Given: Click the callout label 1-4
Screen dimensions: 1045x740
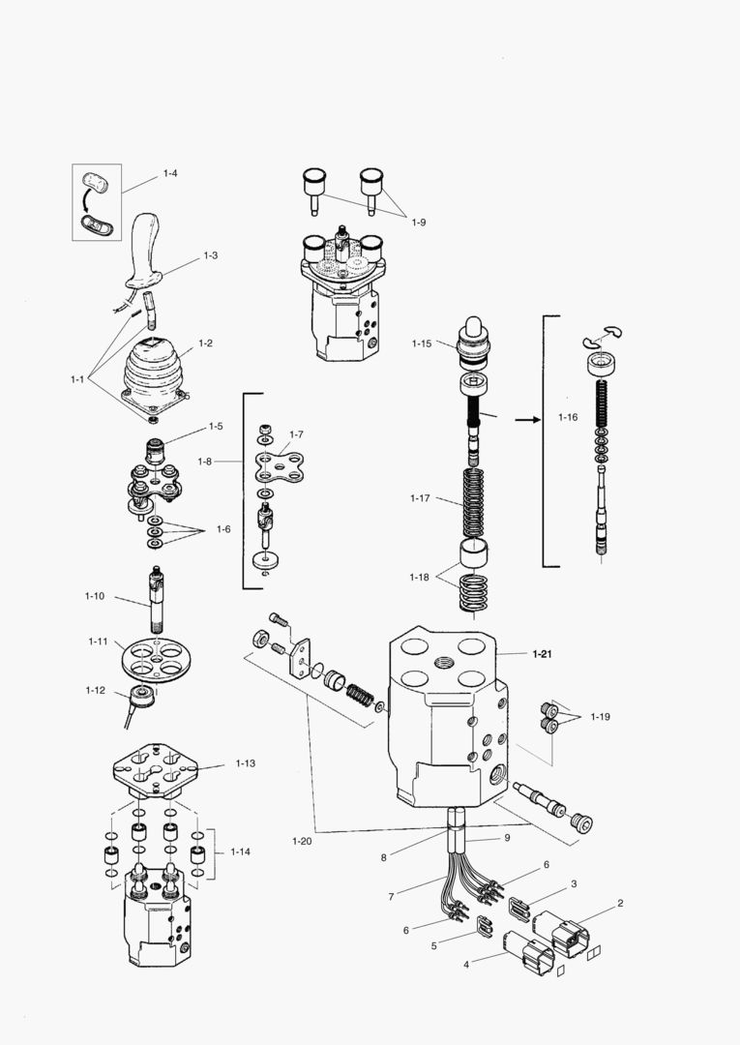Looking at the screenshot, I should [170, 173].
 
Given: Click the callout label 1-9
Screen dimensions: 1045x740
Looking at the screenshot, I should [418, 223].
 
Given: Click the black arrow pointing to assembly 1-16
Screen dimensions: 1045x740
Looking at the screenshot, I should [527, 420].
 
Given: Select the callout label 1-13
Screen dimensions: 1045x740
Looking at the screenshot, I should [245, 763].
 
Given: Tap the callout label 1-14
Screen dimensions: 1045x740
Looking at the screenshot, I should [240, 851].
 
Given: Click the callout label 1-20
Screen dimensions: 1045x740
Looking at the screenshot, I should [302, 841].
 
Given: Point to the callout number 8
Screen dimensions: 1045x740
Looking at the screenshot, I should [383, 857].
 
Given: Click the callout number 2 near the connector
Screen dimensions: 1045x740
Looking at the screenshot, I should [620, 903].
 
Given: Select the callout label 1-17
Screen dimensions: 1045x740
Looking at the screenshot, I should [420, 498].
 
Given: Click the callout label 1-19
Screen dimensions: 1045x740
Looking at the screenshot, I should [600, 717].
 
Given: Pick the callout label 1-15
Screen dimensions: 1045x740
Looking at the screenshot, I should [421, 343].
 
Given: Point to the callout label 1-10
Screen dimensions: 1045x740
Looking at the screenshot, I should [94, 596].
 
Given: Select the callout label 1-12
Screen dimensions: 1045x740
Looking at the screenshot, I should [95, 690].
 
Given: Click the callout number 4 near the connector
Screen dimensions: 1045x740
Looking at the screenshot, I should [466, 965].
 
